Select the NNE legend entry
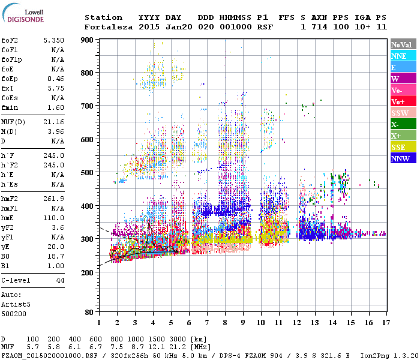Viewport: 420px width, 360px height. coord(403,56)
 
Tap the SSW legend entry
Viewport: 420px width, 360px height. coord(403,113)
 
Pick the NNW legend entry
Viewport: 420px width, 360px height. coord(403,158)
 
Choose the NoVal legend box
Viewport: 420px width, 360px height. coord(403,44)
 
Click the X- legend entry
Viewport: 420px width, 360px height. coord(403,124)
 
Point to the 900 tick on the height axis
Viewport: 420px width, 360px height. coord(88,40)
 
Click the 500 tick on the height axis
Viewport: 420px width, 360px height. coord(88,173)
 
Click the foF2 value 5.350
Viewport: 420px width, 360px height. coord(53,40)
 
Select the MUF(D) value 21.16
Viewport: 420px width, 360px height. coord(53,122)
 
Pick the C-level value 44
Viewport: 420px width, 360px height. coord(59,280)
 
